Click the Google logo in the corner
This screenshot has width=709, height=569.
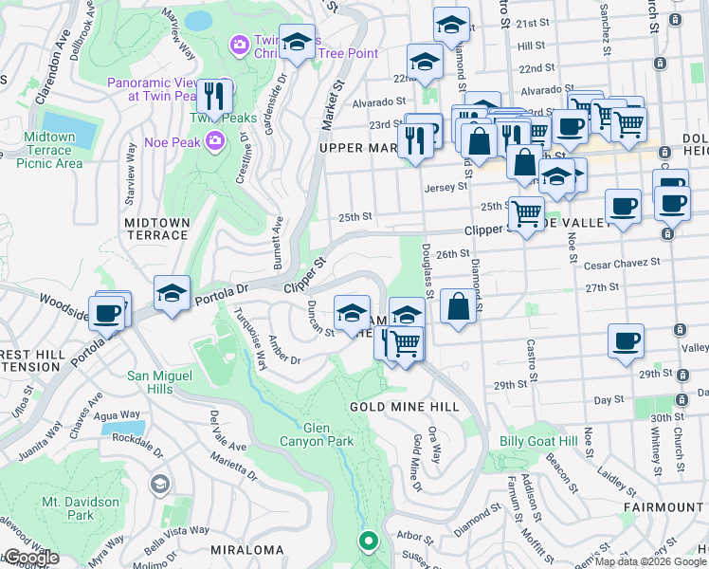[30, 558]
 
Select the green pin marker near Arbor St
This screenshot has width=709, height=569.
[368, 541]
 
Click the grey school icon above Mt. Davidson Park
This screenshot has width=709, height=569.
[158, 485]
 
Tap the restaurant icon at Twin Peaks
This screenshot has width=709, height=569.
[216, 97]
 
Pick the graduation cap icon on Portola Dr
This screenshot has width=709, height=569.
[173, 293]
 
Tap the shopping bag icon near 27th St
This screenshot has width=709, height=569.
[458, 306]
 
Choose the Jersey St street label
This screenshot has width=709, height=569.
[446, 187]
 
